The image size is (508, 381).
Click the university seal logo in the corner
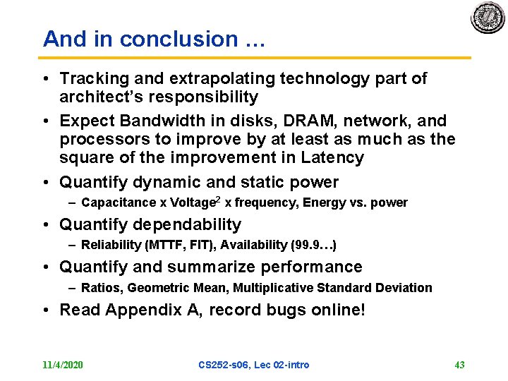488,18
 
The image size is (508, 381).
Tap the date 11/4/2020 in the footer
63,365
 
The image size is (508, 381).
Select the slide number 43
459,365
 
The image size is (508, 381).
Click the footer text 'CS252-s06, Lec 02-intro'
253,365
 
